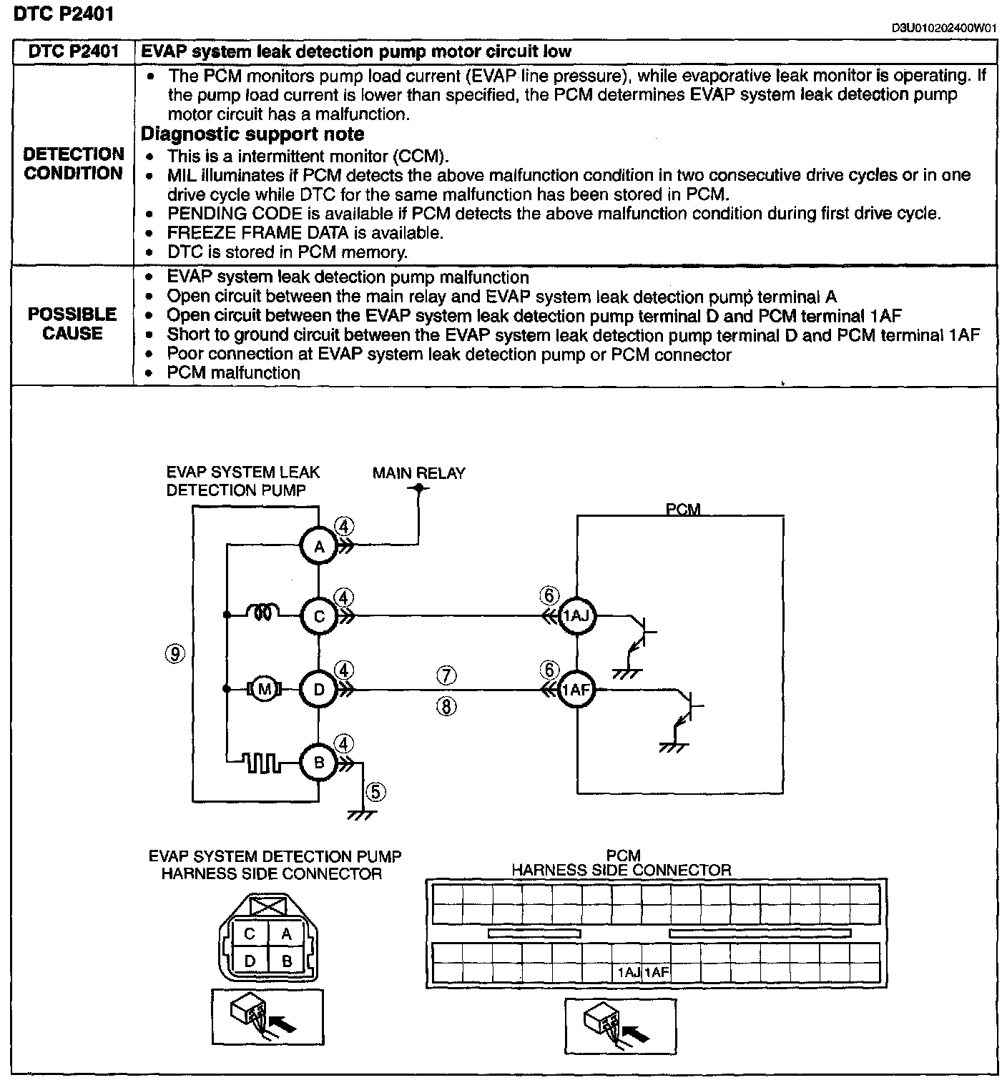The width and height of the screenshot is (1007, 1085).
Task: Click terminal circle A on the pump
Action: [319, 547]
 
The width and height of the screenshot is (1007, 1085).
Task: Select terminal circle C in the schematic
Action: [319, 615]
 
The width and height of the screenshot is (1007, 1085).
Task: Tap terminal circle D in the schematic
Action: [319, 690]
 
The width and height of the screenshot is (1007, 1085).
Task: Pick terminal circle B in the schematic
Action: [319, 763]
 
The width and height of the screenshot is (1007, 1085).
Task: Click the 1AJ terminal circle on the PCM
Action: [576, 615]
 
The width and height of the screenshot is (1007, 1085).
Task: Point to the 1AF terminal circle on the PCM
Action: [576, 690]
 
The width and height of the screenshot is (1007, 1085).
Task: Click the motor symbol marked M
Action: [265, 690]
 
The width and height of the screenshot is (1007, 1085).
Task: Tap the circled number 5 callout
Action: [375, 791]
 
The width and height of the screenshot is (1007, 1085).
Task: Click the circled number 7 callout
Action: [446, 675]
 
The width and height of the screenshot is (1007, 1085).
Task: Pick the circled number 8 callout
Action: [446, 707]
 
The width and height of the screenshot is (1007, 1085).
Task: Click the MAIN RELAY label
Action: [418, 473]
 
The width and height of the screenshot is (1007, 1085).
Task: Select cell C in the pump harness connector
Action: [250, 934]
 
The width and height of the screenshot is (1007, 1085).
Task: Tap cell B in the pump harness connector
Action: [287, 961]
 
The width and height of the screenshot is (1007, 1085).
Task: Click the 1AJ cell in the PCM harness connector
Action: [628, 972]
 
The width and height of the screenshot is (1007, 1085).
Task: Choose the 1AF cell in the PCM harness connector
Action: [657, 972]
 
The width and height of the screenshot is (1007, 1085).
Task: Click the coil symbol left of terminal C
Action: [263, 613]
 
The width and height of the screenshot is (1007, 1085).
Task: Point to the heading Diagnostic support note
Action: [252, 134]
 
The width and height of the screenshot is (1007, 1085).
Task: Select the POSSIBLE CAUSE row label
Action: [72, 324]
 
